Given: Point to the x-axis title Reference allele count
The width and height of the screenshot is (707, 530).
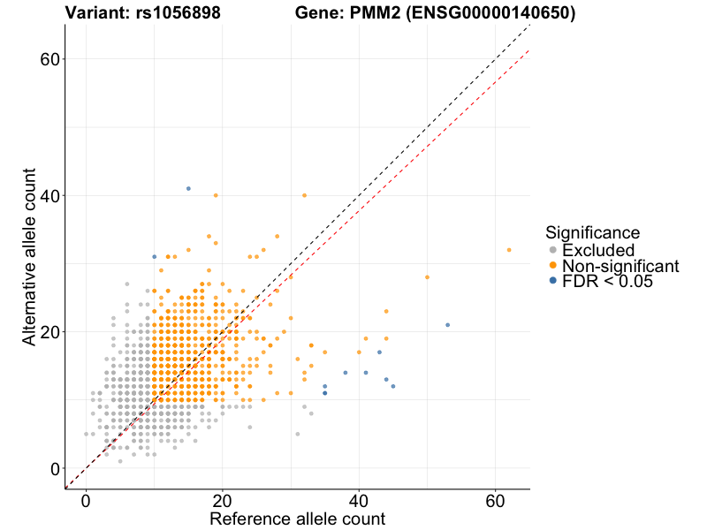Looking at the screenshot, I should click(x=297, y=519).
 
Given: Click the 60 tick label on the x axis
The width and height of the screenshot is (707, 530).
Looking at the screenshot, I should click(x=495, y=499).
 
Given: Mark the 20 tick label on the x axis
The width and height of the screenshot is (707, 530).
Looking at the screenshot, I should click(x=222, y=499).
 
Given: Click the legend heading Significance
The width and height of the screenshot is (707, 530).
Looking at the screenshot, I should click(x=592, y=233).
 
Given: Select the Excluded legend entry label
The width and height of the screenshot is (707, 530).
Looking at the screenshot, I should click(x=598, y=250).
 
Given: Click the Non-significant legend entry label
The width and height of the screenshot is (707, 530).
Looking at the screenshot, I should click(x=620, y=266).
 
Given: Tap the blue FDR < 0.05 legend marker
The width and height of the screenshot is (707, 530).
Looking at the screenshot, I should click(x=553, y=281).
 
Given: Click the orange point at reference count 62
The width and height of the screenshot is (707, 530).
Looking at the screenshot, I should click(x=509, y=250).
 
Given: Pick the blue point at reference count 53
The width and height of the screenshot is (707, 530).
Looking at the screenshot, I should click(x=448, y=325).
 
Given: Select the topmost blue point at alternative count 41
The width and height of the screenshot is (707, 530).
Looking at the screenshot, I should click(x=188, y=188).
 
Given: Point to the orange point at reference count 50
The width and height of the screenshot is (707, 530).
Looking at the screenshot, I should click(x=427, y=277).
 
